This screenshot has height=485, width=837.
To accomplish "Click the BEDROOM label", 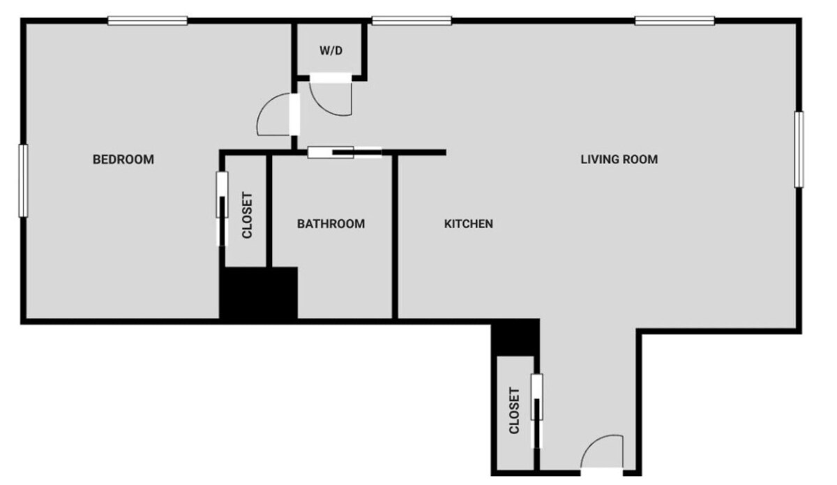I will (x=123, y=160).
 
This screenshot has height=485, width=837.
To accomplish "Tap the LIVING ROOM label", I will (x=619, y=159).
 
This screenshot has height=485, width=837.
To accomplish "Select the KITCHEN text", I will (x=469, y=224).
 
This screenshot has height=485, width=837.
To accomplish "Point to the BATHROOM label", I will (x=331, y=224).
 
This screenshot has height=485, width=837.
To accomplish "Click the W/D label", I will (x=331, y=50).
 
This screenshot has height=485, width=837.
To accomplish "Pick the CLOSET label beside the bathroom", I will (x=247, y=215).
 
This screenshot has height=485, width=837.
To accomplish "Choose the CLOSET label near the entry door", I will (x=515, y=410).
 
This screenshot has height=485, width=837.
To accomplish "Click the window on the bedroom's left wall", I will (x=23, y=180).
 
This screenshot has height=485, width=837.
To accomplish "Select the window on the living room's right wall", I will (x=799, y=149).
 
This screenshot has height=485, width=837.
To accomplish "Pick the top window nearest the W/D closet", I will (x=412, y=21).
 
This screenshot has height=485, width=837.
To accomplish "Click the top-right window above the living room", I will (x=674, y=21).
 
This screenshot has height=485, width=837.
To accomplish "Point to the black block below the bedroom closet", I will (x=259, y=293).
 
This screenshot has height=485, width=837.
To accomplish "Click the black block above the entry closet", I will (x=515, y=338).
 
